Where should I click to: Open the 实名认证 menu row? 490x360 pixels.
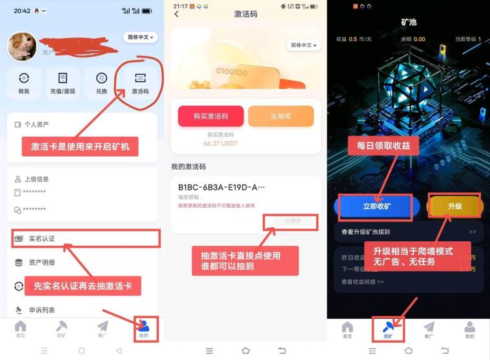tap(84, 239)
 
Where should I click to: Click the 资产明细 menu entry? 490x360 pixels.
tap(42, 263)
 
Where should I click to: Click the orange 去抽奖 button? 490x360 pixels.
tap(281, 116)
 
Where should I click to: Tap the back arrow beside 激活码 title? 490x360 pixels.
tap(177, 14)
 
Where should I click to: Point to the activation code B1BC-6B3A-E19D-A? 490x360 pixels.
tap(221, 187)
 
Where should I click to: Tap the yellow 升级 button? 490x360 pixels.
tap(455, 206)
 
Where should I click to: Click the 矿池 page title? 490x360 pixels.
tap(409, 22)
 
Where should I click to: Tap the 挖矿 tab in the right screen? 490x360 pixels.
tap(388, 330)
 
